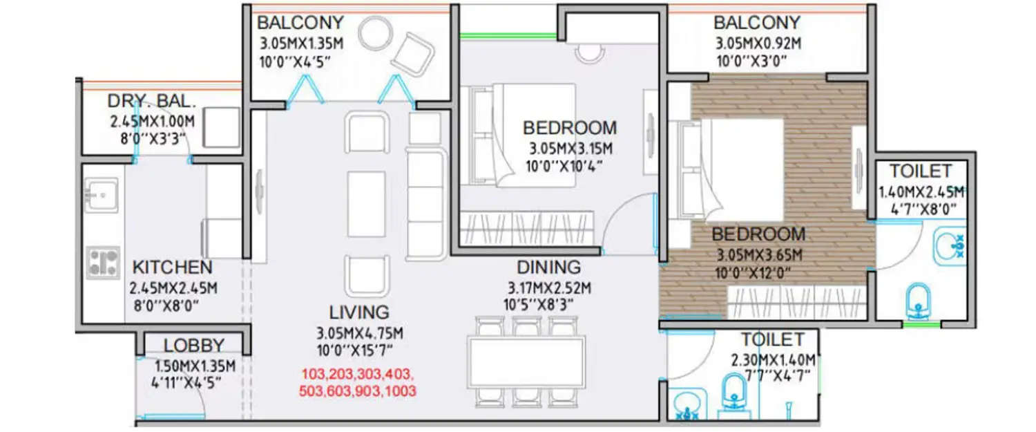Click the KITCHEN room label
pos(172,267)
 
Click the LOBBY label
pos(194,346)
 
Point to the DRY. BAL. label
pos(152,102)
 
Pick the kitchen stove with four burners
pos(104,262)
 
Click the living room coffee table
pos(366,204)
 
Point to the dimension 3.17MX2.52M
pos(549,288)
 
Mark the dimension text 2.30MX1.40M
pos(773,360)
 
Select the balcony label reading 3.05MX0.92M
pos(758,44)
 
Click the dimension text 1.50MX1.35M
pos(194,366)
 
